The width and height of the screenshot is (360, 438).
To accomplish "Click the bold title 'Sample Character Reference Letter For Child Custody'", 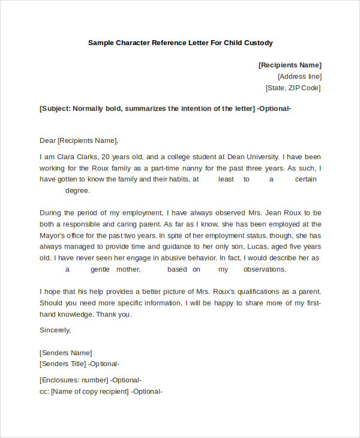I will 180,43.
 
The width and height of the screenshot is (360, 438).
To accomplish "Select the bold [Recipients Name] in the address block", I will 290,65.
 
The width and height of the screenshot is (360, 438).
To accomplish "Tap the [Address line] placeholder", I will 299,76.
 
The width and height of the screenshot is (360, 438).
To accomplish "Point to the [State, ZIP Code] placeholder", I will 293,88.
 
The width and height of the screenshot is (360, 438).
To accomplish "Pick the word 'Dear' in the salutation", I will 47,140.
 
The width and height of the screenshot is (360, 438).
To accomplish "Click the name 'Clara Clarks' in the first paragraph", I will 85,157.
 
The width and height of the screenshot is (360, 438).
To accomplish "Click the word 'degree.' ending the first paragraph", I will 77,190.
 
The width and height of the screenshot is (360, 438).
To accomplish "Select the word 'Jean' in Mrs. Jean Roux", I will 275,212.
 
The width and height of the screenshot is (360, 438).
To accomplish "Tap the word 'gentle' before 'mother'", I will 103,269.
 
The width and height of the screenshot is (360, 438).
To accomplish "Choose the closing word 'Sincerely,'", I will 55,329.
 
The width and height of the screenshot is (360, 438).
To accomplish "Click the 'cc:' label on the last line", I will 44,391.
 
